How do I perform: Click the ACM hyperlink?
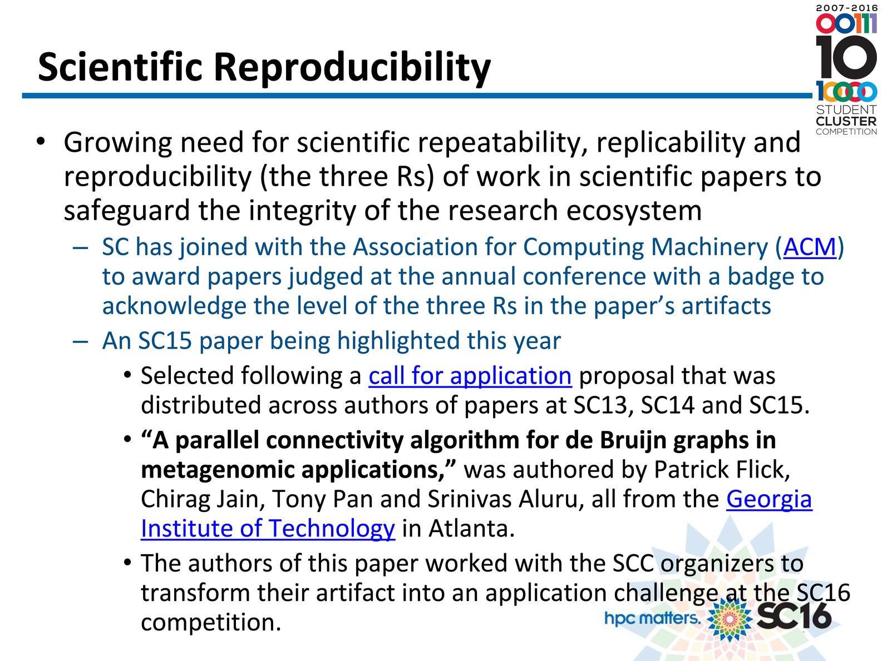(x=809, y=246)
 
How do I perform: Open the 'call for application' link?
(x=470, y=376)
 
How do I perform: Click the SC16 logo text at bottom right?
(x=794, y=616)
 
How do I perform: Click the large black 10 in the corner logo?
(x=846, y=57)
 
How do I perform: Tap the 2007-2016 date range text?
(x=846, y=8)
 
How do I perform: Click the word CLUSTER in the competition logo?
(x=846, y=121)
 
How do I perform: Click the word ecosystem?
(x=634, y=211)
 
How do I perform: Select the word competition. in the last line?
(x=211, y=623)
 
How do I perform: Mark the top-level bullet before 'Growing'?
(x=40, y=142)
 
